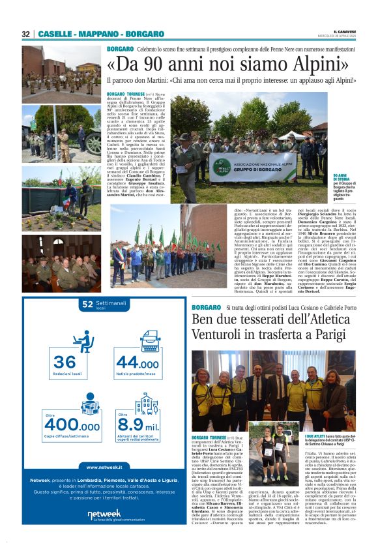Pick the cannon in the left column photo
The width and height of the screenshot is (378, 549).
(x=87, y=139)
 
